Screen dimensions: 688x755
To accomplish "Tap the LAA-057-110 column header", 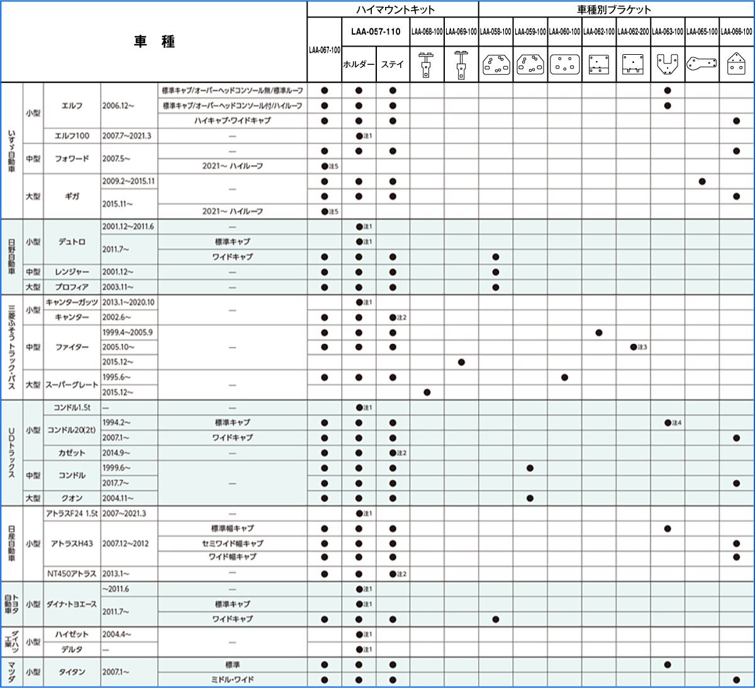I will (376, 31).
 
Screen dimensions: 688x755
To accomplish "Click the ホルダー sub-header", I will (359, 64).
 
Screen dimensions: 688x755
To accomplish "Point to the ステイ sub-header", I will (393, 64).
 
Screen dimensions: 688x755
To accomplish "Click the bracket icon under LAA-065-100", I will (702, 64).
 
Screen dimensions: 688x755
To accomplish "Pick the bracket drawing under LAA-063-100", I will (668, 64).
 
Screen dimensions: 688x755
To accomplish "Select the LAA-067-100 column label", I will (325, 50).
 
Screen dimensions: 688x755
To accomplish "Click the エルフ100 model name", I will (72, 136).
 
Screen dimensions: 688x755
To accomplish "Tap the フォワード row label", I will (72, 159).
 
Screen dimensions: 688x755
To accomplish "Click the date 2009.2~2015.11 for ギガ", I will (128, 181).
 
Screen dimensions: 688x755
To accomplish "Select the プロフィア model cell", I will (72, 287).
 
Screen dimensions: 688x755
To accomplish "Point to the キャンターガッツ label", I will (72, 302).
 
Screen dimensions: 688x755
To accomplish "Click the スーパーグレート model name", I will (72, 385).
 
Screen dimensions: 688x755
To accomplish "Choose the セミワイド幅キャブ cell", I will (232, 543).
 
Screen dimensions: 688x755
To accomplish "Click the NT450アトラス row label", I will (72, 573).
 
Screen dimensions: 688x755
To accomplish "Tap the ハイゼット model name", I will (72, 634).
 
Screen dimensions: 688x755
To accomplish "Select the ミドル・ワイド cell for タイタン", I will (232, 680).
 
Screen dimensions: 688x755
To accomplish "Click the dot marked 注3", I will (634, 347).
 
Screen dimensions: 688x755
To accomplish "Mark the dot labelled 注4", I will (668, 423).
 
